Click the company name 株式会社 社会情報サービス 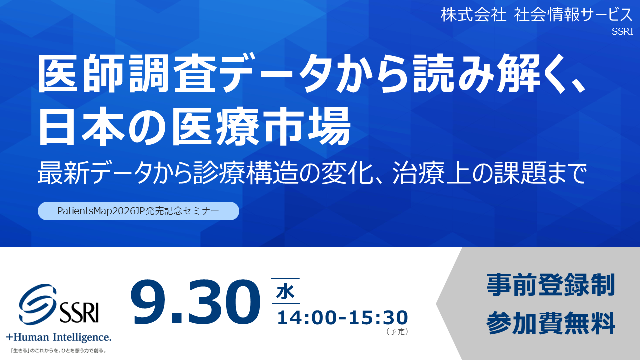click(537, 15)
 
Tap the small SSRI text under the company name click(622, 31)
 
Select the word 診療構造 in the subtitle click(245, 173)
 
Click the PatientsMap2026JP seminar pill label click(138, 211)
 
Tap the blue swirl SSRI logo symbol click(37, 304)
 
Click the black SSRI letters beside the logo click(79, 312)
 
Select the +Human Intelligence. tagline click(59, 337)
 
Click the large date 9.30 click(195, 303)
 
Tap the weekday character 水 click(285, 292)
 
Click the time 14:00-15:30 click(343, 317)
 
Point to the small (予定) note click(397, 331)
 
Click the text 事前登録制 click(551, 285)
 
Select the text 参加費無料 click(551, 323)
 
